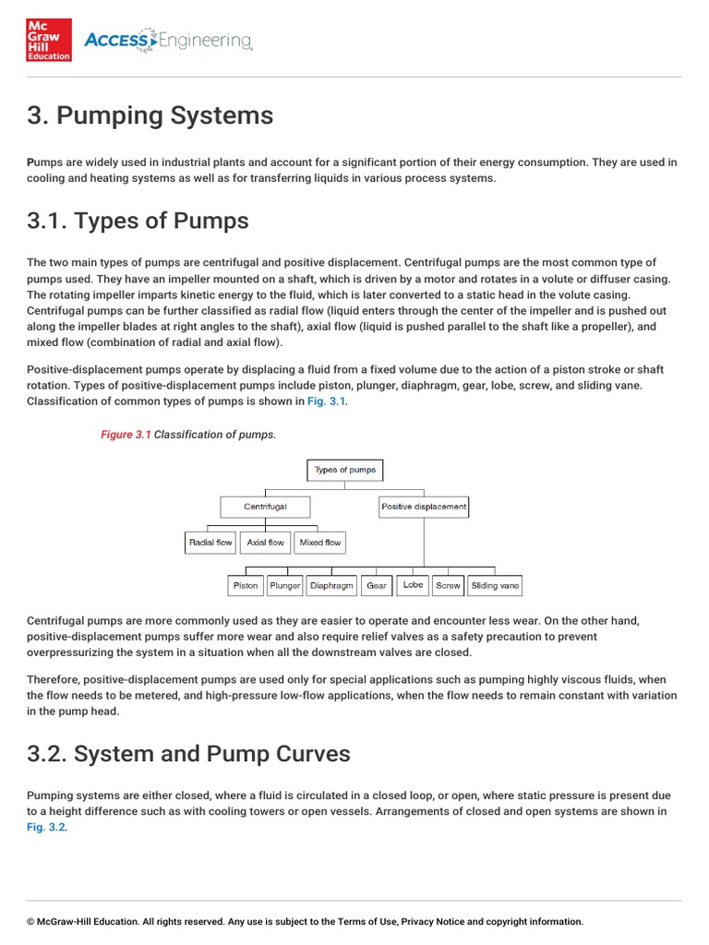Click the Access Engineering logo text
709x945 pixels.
tap(167, 41)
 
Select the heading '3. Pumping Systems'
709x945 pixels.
tap(150, 115)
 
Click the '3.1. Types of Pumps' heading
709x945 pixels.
tap(138, 221)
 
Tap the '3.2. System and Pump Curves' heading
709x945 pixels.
tap(188, 753)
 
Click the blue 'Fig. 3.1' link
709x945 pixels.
tap(328, 401)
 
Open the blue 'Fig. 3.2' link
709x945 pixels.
tap(46, 827)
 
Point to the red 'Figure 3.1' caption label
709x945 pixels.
tap(126, 434)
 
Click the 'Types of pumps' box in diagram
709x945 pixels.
tap(345, 470)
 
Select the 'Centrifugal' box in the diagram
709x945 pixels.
tap(265, 507)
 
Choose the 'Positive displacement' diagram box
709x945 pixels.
tap(424, 507)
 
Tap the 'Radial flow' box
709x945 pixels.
tap(210, 543)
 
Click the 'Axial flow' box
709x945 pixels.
tap(266, 543)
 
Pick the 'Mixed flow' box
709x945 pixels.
tap(320, 543)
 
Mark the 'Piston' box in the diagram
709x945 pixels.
tap(246, 585)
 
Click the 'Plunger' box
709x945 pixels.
tap(285, 585)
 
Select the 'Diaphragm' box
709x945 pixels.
tap(331, 585)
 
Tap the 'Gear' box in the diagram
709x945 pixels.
tap(377, 585)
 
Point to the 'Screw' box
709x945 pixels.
tap(448, 585)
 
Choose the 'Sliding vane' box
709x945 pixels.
tap(495, 585)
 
